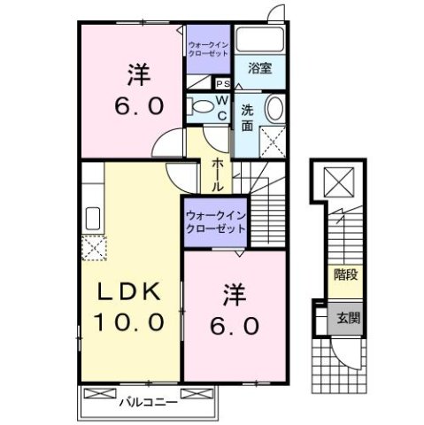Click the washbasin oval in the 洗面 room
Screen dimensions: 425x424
coord(275,112)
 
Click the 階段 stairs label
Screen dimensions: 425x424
coord(345,274)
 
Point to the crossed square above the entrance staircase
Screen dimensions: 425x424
coord(337,182)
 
